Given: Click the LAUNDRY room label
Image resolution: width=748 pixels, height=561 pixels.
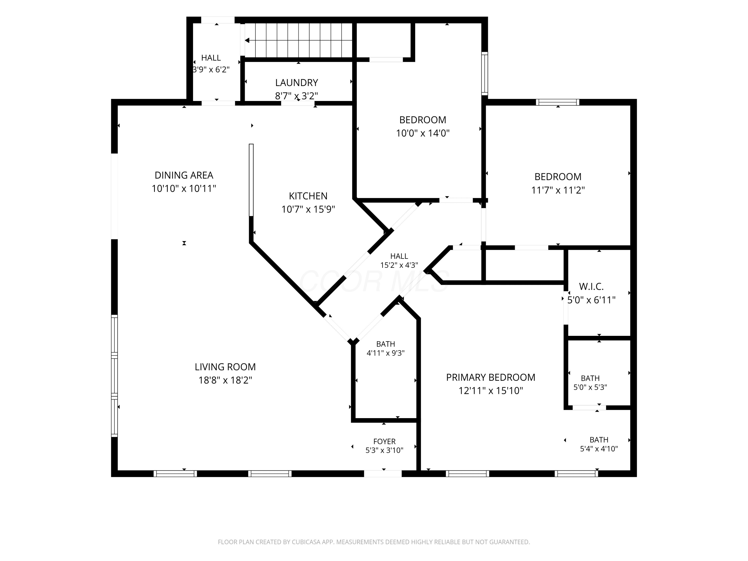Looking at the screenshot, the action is coord(296,83).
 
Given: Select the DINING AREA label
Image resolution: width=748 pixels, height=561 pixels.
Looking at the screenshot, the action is coord(184,175).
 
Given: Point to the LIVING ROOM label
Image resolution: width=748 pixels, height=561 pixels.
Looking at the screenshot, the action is coord(225,367).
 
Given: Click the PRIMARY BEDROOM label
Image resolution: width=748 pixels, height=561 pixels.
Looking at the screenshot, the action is coord(491,377).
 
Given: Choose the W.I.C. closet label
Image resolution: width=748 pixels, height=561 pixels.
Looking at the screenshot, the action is coord(591,287).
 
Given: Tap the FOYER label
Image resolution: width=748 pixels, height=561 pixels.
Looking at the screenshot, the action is coord(384,441).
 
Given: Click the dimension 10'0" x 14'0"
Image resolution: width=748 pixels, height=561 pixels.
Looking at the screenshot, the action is coord(423,133).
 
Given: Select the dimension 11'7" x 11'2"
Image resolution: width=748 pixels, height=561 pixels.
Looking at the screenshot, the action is coord(558,190).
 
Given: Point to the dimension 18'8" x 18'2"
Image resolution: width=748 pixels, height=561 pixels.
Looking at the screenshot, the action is coord(225,380).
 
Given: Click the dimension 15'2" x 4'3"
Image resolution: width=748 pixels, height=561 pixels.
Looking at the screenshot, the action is coord(399,265).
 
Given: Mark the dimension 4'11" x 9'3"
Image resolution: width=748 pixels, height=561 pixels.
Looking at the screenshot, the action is coord(385,353).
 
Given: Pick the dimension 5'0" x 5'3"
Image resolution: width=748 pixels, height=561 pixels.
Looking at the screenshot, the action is coord(590,387).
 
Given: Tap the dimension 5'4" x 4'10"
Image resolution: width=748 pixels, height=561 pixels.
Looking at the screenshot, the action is coord(599,449).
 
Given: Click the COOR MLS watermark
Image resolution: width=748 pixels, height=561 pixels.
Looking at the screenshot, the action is coord(374,281).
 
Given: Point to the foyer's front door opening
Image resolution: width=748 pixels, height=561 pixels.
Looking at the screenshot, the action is coord(383,473).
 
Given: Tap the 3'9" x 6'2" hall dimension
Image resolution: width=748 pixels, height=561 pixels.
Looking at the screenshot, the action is coord(211,70).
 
